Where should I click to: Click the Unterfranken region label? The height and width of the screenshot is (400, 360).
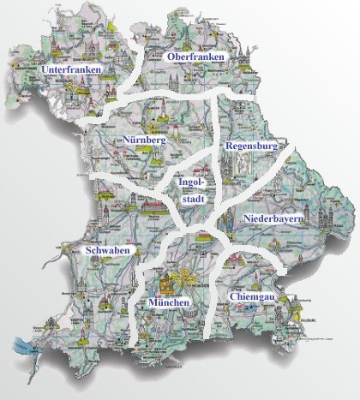tap(71, 68)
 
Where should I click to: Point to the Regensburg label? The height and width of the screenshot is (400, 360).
tap(252, 146)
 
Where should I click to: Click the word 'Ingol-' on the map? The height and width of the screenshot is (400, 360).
tap(189, 182)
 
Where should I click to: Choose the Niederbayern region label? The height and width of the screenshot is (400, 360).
tap(273, 220)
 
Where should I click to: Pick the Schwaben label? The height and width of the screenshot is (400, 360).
tap(108, 250)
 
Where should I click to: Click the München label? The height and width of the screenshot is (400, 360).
tap(168, 303)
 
